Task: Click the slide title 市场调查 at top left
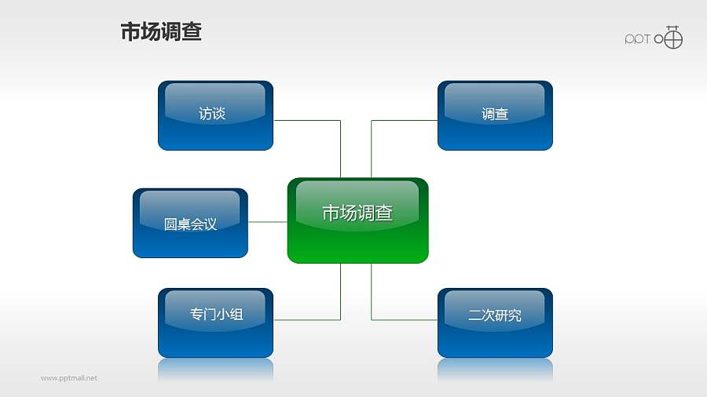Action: tap(161, 32)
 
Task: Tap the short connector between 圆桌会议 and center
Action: tap(267, 222)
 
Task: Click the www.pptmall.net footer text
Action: tap(69, 378)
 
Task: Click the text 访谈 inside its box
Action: tap(212, 114)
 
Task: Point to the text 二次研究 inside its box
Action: tap(495, 315)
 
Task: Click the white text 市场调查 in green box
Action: tap(357, 213)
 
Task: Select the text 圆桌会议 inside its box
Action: tap(190, 224)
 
